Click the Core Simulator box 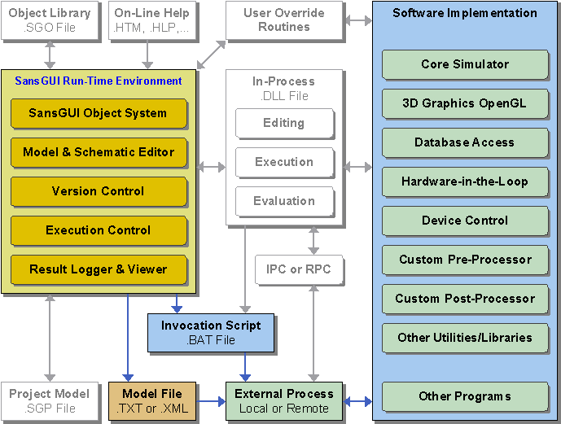click(465, 64)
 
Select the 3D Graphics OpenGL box click(465, 103)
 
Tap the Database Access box click(465, 142)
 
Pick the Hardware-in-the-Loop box click(465, 181)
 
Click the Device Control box click(465, 221)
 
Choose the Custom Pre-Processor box click(465, 260)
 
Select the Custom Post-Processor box click(465, 299)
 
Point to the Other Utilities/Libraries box click(465, 338)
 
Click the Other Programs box click(465, 396)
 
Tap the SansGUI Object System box click(98, 113)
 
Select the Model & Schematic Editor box click(98, 152)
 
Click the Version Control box click(98, 191)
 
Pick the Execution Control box click(98, 230)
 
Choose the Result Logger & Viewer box click(98, 269)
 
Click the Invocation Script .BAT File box click(210, 333)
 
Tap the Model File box click(152, 401)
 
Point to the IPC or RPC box click(299, 269)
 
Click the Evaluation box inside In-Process click(284, 201)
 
